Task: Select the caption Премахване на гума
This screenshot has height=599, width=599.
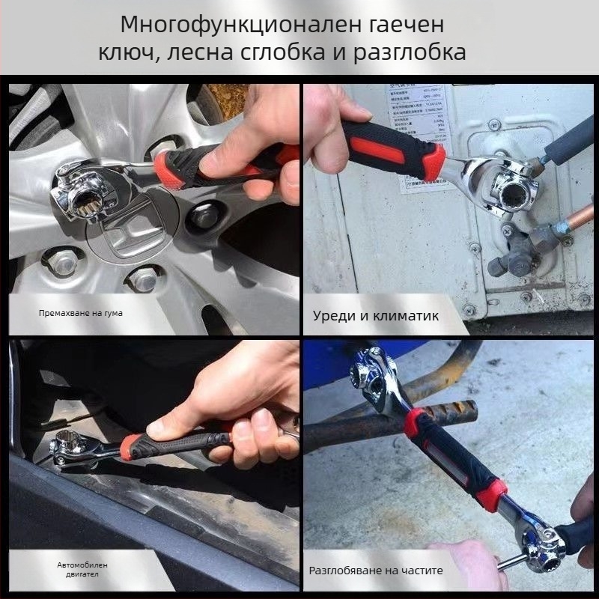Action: (x=81, y=313)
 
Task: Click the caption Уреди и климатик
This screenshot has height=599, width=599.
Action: (x=375, y=316)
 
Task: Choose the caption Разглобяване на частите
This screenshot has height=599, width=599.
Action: (x=376, y=571)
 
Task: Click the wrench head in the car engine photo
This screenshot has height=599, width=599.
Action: (x=73, y=448)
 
